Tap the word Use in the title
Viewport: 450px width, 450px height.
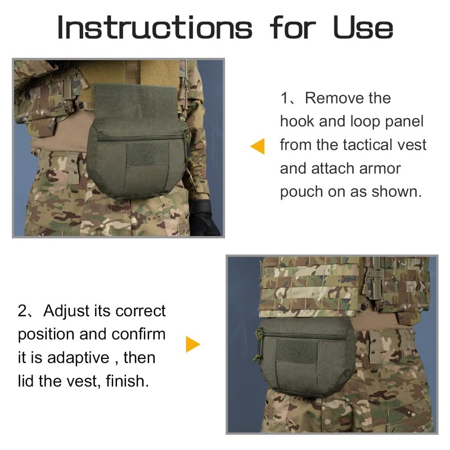coord(363,27)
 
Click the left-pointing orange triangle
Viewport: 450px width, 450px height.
coord(258,147)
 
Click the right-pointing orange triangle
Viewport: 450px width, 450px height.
coord(193,344)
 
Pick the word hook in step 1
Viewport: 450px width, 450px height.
coord(295,121)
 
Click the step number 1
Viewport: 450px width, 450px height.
coord(285,98)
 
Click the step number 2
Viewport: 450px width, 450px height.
coord(23,311)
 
